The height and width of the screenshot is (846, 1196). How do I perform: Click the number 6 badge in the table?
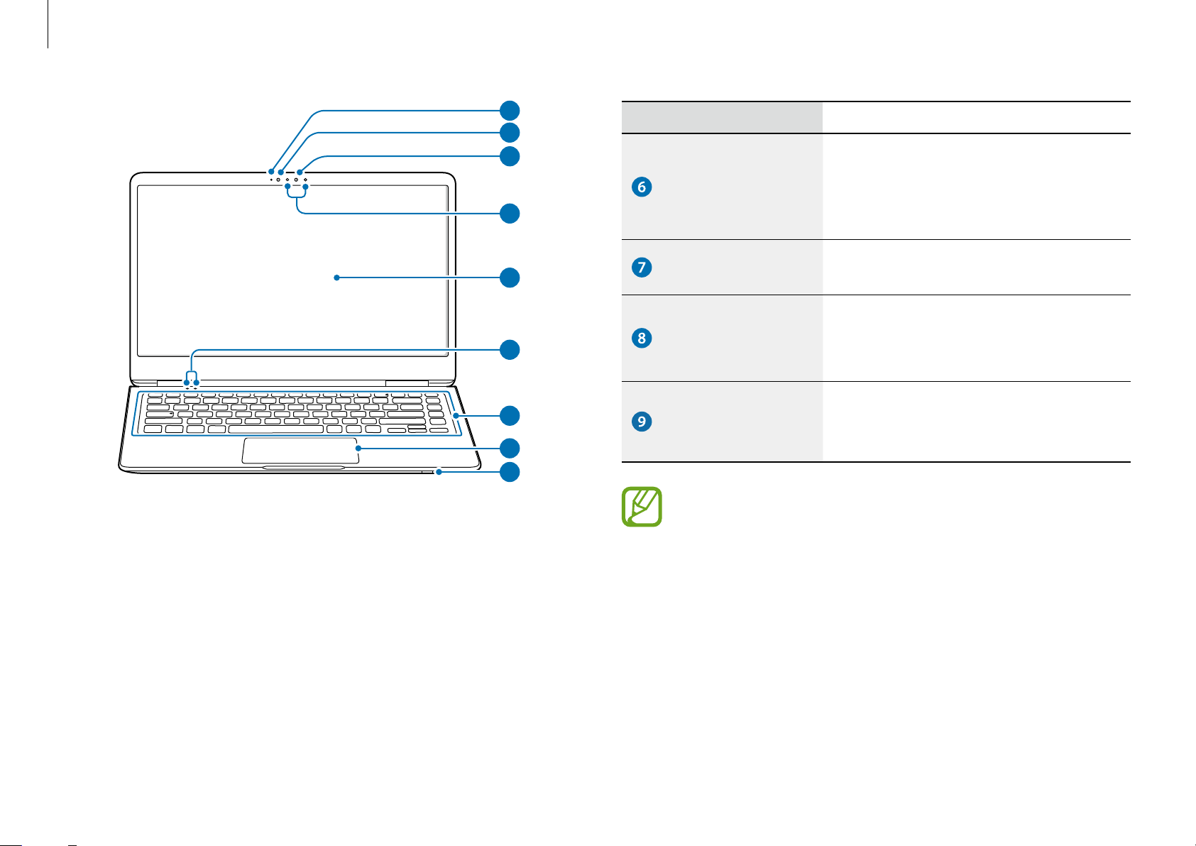point(641,187)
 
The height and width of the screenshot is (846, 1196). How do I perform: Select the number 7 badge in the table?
point(641,267)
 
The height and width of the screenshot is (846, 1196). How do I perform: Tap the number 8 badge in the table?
point(641,338)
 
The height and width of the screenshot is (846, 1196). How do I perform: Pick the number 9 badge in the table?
point(641,421)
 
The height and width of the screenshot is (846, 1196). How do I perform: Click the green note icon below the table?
point(641,507)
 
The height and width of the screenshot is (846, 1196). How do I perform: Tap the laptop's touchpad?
point(300,451)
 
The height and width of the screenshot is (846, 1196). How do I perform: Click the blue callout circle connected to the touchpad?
point(510,449)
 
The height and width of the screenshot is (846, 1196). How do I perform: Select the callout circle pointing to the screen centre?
point(510,278)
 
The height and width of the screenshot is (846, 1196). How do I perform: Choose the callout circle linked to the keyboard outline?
point(510,416)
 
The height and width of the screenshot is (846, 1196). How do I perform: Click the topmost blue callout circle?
point(510,111)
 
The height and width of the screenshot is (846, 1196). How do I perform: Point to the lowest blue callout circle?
point(510,472)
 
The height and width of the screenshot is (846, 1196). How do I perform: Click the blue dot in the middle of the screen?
point(336,278)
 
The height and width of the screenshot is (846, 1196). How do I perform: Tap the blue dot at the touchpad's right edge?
point(358,449)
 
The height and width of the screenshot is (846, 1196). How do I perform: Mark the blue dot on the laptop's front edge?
point(439,472)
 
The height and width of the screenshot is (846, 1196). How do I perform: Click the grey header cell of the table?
point(722,117)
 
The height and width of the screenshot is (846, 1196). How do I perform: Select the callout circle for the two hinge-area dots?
point(510,350)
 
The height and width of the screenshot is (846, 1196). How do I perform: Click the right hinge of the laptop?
point(407,383)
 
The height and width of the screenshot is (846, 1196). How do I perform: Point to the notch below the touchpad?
point(303,468)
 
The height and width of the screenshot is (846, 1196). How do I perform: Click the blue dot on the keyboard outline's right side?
point(456,416)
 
